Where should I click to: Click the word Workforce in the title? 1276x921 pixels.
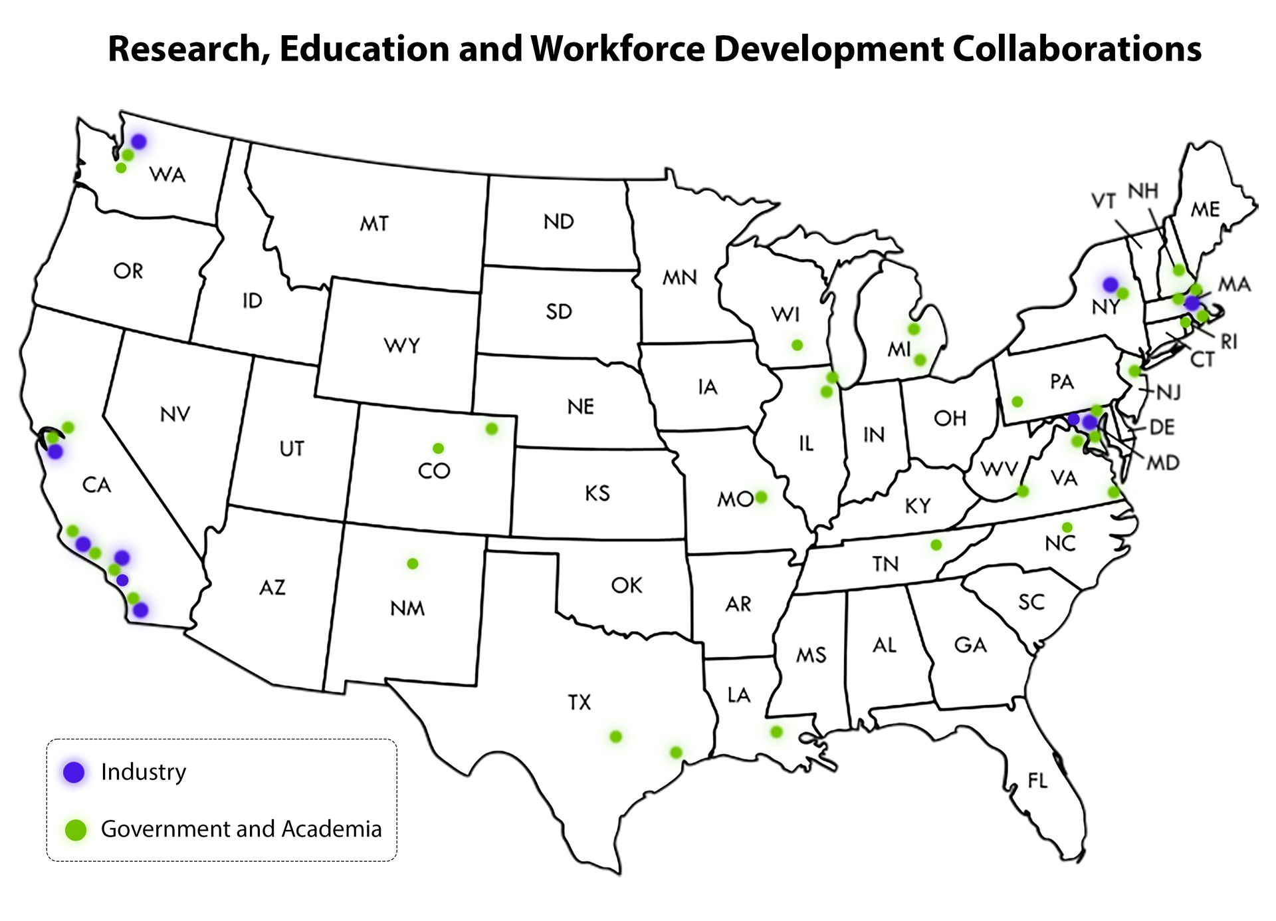click(617, 49)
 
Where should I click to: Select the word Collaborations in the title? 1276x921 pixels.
click(1076, 49)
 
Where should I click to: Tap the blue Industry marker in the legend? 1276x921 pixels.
click(74, 771)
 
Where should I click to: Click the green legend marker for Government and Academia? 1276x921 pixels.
click(76, 829)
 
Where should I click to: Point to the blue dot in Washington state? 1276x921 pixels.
click(138, 141)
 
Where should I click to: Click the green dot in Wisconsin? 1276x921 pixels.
click(797, 344)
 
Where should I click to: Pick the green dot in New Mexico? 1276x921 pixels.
click(412, 563)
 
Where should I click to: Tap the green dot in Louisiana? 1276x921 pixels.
click(776, 731)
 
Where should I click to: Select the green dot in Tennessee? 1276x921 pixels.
click(936, 545)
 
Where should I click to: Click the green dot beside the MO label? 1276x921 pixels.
click(761, 497)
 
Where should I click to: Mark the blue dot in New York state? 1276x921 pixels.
click(1110, 285)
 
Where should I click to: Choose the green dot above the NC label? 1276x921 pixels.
click(1067, 527)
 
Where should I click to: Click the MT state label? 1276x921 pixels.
click(374, 223)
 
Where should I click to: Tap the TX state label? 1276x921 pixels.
click(579, 702)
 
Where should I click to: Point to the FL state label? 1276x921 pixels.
click(1037, 780)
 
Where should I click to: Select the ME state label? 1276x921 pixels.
click(1205, 209)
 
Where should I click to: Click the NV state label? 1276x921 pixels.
click(175, 414)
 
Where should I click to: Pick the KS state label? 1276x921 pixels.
click(597, 493)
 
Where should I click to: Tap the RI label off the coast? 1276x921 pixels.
click(1229, 341)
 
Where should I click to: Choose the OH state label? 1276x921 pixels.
click(950, 418)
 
